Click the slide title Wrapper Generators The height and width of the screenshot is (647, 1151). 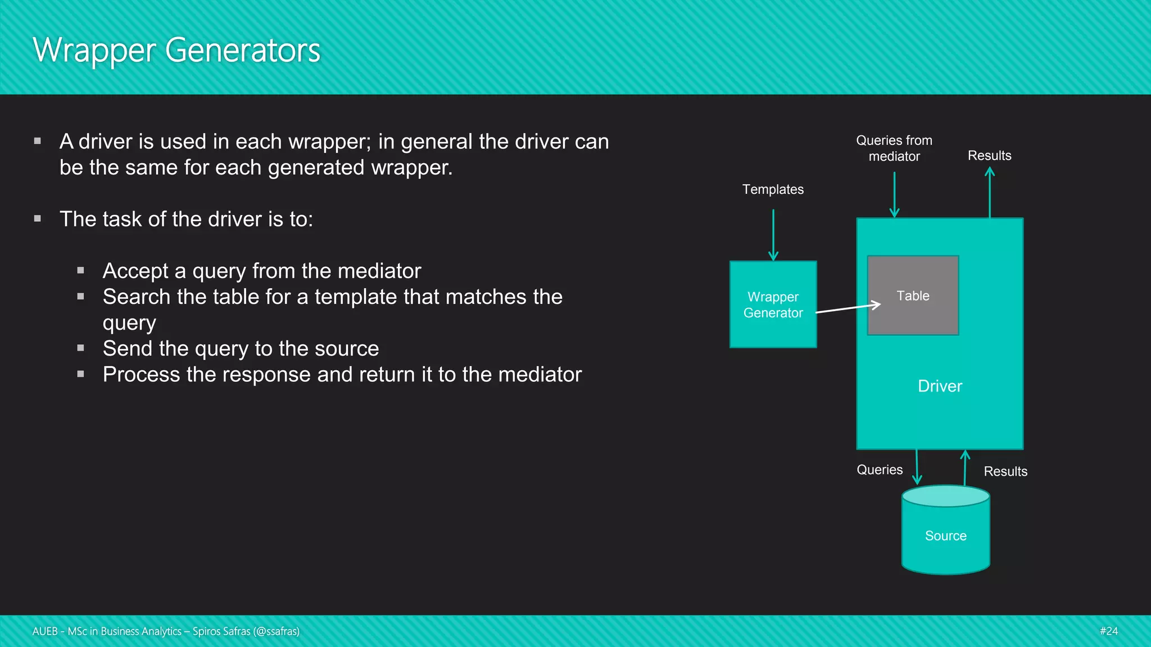coord(176,51)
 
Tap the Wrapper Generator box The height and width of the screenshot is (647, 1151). coord(773,304)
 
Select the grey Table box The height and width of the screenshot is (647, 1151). coord(913,295)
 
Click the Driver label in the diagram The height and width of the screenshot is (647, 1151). coord(940,386)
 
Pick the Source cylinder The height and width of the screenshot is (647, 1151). coord(945,535)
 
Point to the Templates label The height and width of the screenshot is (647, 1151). coord(773,190)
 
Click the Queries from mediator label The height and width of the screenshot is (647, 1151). coord(894,148)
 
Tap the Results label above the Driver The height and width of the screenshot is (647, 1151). coord(989,156)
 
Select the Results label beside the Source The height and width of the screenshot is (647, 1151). coord(1005,472)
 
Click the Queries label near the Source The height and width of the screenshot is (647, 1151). coord(880,470)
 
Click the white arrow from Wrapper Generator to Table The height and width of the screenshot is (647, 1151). coord(848,308)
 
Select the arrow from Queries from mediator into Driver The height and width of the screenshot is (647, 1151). coord(894,194)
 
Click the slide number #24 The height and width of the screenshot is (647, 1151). coord(1108,631)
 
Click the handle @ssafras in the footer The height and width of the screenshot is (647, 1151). coord(276,632)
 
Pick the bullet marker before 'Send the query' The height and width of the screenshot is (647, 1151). coord(81,348)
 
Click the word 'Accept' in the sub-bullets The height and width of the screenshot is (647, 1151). coord(135,271)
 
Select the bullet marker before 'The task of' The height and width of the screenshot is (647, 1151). coord(38,218)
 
